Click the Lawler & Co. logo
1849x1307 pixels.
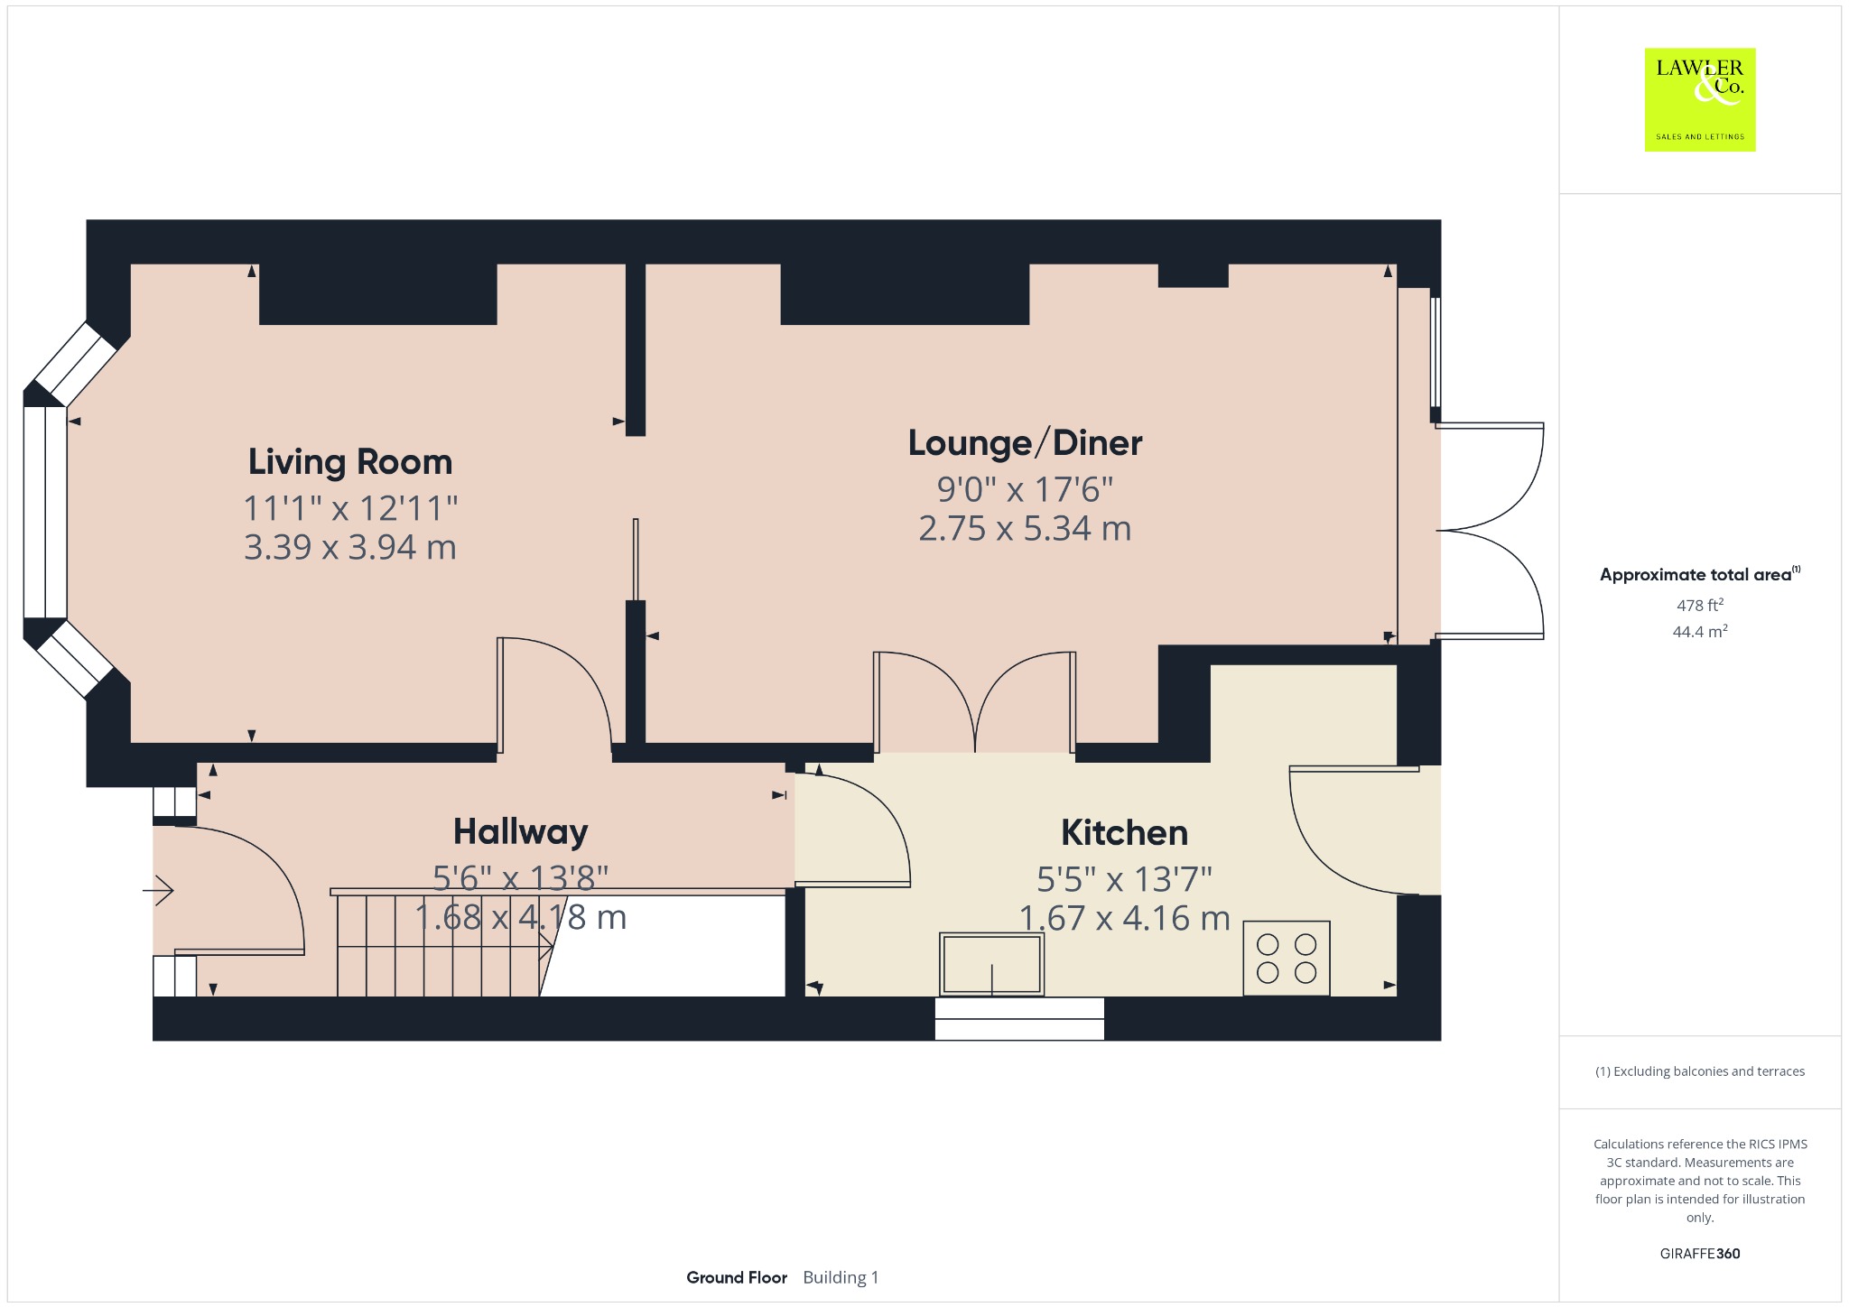(1700, 99)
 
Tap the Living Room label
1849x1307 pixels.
(350, 462)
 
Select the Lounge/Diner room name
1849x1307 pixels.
(1025, 443)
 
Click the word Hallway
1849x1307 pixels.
(521, 832)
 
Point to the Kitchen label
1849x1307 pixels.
(1124, 832)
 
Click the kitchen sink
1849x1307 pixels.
(991, 964)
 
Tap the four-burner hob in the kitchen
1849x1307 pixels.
(1287, 958)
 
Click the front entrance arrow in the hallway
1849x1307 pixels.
(158, 891)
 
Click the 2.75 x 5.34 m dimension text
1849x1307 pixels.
(1025, 529)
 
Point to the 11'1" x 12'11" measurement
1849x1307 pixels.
(350, 508)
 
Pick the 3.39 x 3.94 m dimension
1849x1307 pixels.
(350, 547)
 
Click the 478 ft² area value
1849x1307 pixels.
(1700, 605)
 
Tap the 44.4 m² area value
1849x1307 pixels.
(1700, 631)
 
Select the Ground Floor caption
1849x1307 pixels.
(737, 1277)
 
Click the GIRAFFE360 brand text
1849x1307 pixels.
(1700, 1253)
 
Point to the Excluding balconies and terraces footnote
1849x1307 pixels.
(1700, 1071)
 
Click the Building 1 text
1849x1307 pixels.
(841, 1277)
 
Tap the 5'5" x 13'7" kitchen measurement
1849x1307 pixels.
(1124, 878)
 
